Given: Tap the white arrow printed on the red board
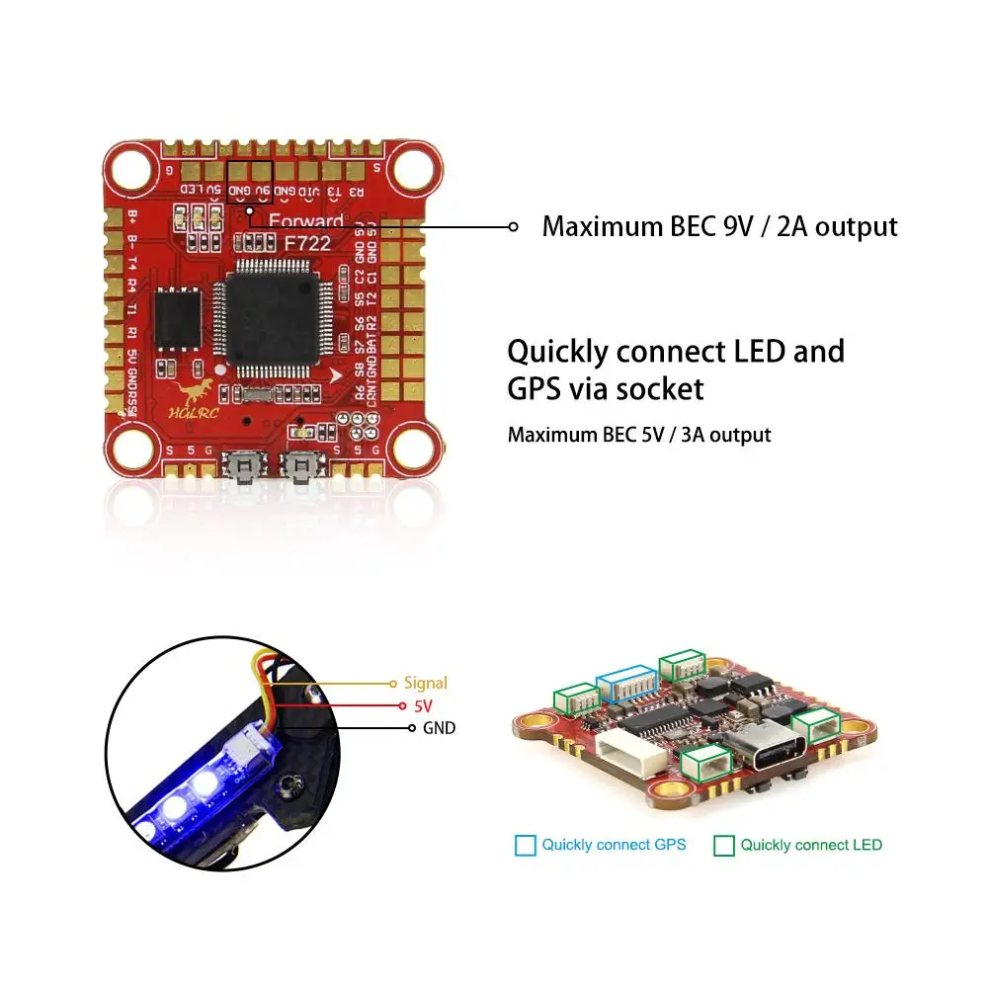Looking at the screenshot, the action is coord(339,375).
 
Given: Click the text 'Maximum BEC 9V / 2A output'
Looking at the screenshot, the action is coord(719,226).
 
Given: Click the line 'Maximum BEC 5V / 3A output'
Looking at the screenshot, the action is coord(639,435).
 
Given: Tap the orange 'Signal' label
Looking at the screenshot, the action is coord(426,683).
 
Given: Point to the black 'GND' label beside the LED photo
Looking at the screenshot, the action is coord(438,729).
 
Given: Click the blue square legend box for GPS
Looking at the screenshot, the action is coord(526,846).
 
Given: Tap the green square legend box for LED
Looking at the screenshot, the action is coord(724,846).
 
